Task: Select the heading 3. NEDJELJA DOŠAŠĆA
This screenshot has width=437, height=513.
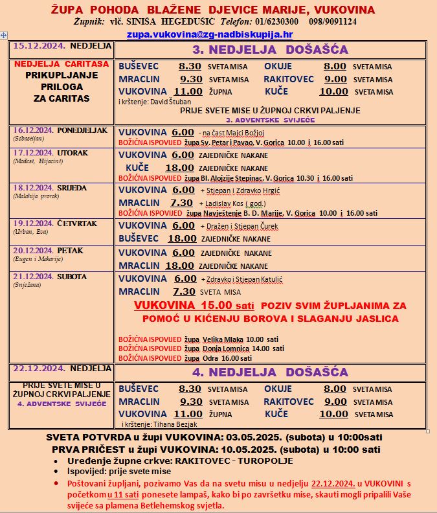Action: (269, 49)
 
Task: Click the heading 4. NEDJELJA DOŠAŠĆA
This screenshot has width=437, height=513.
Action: (269, 372)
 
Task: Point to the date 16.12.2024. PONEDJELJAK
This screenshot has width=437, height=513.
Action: (60, 130)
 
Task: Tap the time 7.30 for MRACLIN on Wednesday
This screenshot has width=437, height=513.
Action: (183, 202)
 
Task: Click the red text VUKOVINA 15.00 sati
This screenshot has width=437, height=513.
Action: (192, 305)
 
